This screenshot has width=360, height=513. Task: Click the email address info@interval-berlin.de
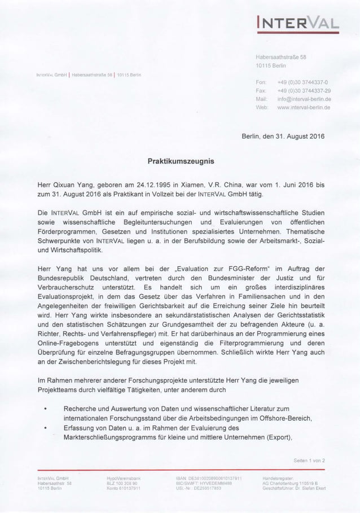click(x=302, y=98)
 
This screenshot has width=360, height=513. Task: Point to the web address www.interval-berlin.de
click(x=302, y=106)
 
